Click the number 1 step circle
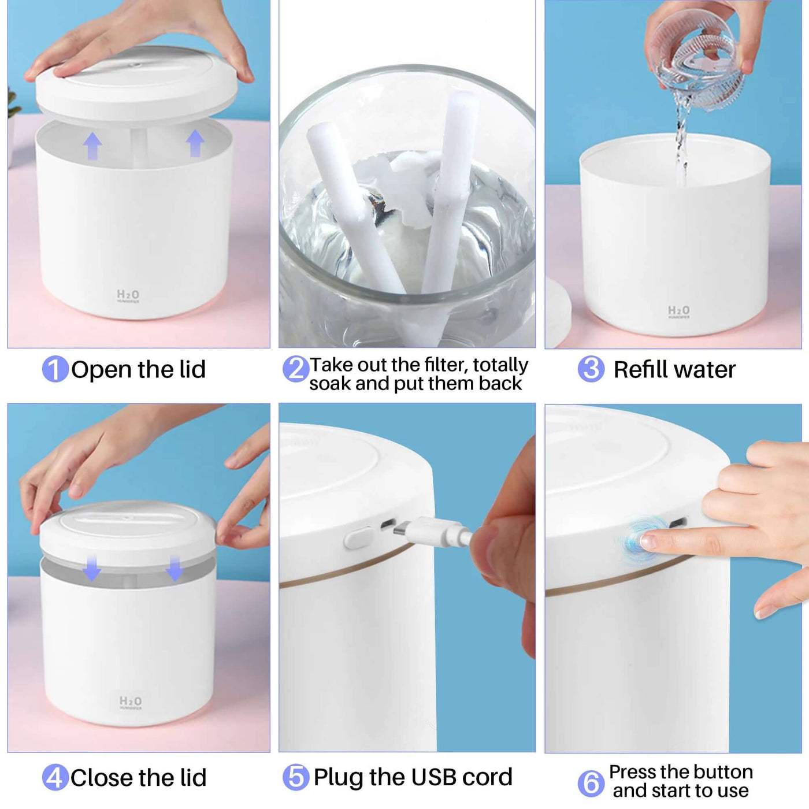tap(55, 369)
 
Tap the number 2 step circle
tap(295, 369)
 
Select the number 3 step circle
tap(591, 369)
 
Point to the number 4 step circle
tap(55, 777)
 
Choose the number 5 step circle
tap(295, 777)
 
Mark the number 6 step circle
tap(591, 783)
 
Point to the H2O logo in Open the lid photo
tap(128, 296)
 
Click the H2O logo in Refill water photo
tap(678, 311)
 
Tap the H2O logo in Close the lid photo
tap(130, 702)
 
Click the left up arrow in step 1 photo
tap(92, 146)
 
